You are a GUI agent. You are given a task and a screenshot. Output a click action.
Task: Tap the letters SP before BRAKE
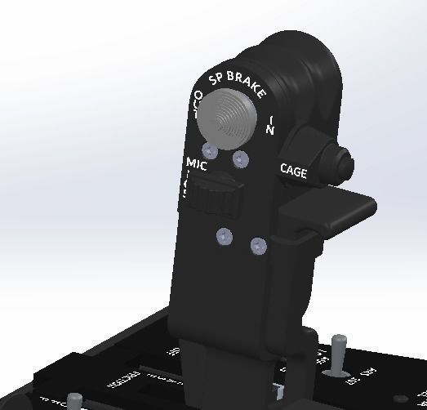click(216, 79)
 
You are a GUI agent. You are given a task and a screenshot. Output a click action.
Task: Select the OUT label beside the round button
click(196, 105)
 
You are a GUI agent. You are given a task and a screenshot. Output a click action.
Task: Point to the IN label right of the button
click(271, 125)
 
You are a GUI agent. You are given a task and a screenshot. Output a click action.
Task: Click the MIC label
click(197, 163)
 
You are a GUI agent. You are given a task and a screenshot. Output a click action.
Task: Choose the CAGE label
click(293, 171)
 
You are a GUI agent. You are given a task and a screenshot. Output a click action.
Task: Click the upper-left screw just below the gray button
click(210, 151)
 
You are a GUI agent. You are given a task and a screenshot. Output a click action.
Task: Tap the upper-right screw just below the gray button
click(240, 158)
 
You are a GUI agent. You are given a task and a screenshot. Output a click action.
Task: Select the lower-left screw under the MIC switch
click(225, 237)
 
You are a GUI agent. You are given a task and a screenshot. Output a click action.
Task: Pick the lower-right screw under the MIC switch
click(258, 246)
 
